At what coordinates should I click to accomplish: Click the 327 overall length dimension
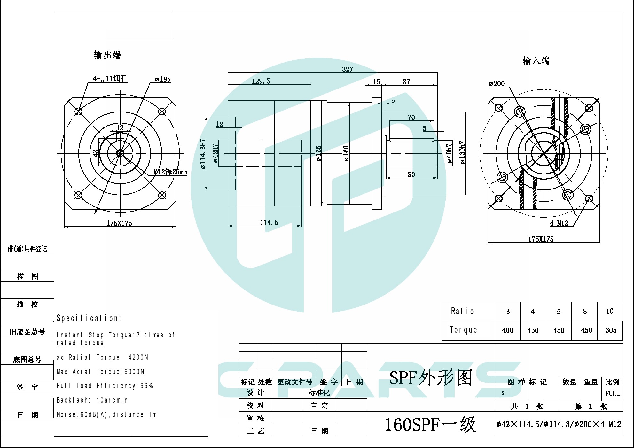pyautogui.click(x=347, y=69)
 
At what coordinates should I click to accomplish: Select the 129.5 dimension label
pyautogui.click(x=261, y=81)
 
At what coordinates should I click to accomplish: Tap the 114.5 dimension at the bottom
pyautogui.click(x=269, y=222)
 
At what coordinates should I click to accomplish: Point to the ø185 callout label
pyautogui.click(x=163, y=79)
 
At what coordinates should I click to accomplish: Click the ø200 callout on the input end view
pyautogui.click(x=497, y=84)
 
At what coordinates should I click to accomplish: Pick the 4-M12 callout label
pyautogui.click(x=559, y=223)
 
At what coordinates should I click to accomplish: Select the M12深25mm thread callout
pyautogui.click(x=170, y=172)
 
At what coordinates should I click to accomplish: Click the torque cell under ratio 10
pyautogui.click(x=610, y=330)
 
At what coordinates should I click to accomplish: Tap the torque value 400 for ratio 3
pyautogui.click(x=507, y=330)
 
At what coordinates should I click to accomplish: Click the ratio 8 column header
pyautogui.click(x=584, y=312)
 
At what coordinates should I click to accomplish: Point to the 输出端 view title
pyautogui.click(x=107, y=55)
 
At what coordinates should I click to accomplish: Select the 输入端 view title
pyautogui.click(x=536, y=60)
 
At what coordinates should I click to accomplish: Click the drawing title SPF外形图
pyautogui.click(x=431, y=378)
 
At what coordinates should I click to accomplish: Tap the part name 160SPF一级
pyautogui.click(x=430, y=424)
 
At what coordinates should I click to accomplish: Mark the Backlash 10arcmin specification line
pyautogui.click(x=92, y=400)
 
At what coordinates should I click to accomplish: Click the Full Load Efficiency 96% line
pyautogui.click(x=105, y=386)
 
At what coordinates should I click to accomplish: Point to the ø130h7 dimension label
pyautogui.click(x=462, y=153)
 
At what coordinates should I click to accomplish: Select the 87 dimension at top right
pyautogui.click(x=406, y=82)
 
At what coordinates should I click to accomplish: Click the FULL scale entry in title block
pyautogui.click(x=612, y=393)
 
